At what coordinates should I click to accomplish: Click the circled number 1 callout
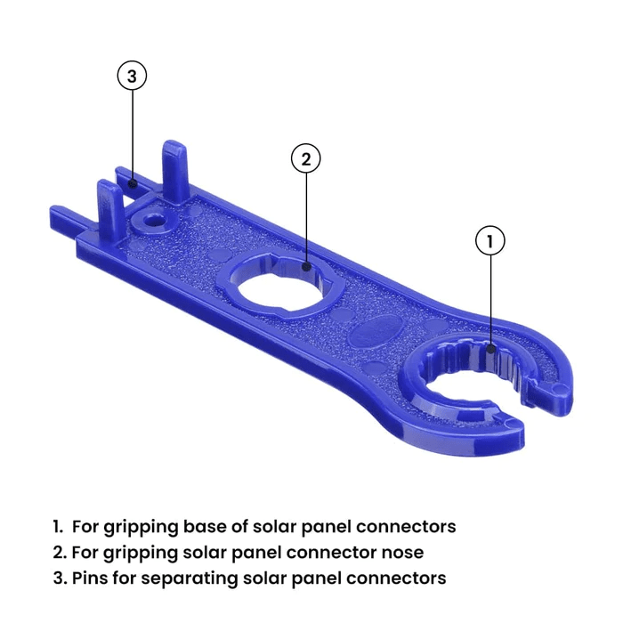(x=490, y=240)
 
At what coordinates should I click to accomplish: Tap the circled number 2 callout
(x=305, y=159)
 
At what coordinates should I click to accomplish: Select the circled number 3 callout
(x=132, y=77)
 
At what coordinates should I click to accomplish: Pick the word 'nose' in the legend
(x=402, y=552)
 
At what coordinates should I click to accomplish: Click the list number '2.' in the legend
(x=59, y=552)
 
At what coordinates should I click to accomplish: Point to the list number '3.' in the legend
(x=59, y=578)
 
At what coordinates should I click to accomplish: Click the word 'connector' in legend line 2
(x=343, y=552)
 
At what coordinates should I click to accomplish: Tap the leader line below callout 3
(x=132, y=133)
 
